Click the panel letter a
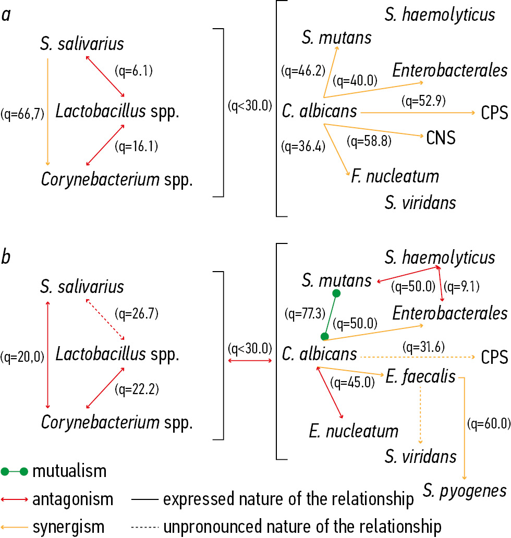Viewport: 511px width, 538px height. point(6,15)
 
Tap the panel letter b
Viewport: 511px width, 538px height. point(6,258)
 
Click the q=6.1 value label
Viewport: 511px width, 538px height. point(133,71)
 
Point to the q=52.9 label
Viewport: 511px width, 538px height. point(424,100)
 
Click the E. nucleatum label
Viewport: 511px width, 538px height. point(354,431)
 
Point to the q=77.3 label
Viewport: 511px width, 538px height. point(303,314)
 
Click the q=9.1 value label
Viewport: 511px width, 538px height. point(462,286)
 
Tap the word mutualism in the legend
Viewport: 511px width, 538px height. point(69,472)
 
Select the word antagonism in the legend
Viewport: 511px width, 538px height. point(72,499)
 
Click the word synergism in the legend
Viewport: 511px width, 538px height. point(68,526)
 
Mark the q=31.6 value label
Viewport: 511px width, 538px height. point(424,345)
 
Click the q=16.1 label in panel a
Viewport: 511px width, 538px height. point(136,146)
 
